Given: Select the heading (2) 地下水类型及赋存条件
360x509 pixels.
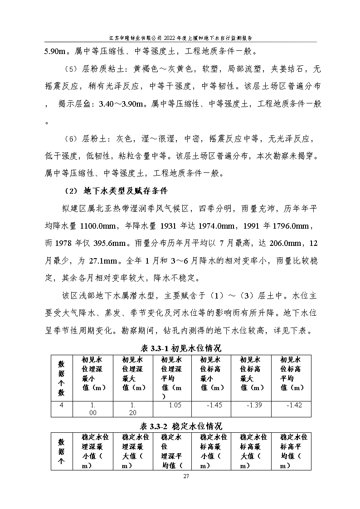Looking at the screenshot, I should (x=119, y=190).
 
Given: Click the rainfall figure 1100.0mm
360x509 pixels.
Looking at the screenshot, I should (x=100, y=225).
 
